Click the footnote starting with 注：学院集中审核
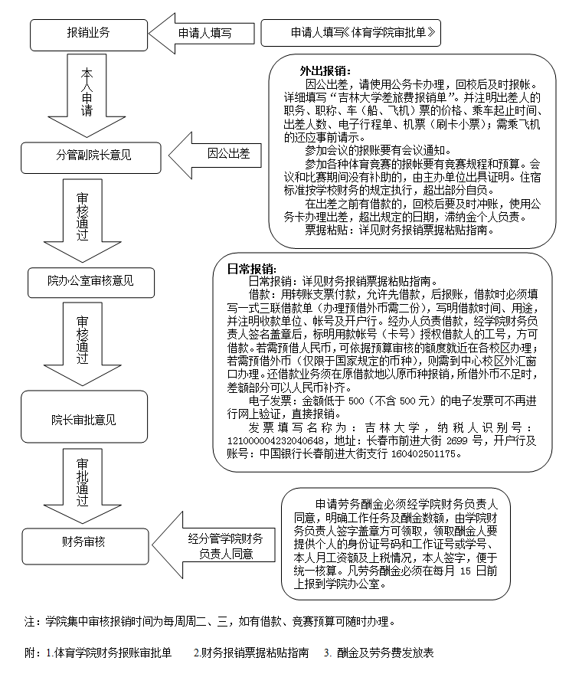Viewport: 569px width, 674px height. (209, 620)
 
